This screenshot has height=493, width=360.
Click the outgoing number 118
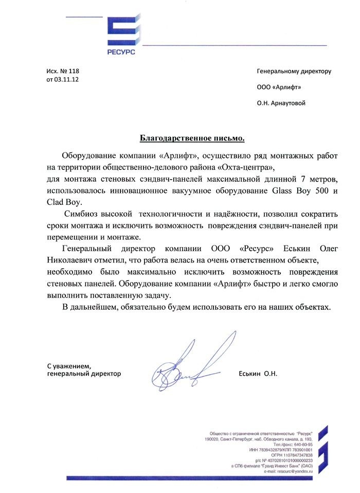[x=74, y=71]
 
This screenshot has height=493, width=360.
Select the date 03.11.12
[x=66, y=80]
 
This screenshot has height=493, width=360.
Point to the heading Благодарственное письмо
[x=193, y=138]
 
